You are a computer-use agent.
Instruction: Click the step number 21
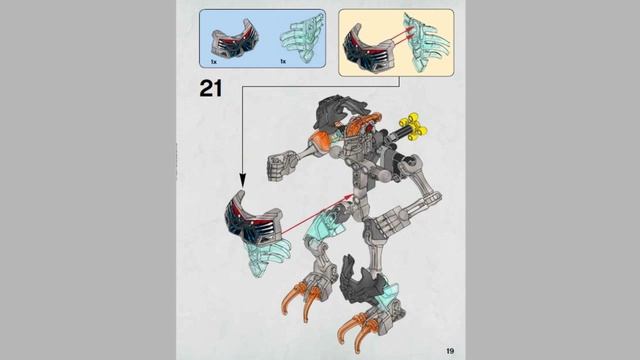[x=211, y=88]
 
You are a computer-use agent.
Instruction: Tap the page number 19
[x=450, y=351]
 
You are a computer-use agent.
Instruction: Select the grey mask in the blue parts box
[x=235, y=38]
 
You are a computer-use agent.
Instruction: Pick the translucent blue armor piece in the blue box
[x=302, y=37]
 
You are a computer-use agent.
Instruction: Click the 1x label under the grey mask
[x=213, y=61]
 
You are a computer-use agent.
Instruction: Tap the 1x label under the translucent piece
[x=283, y=61]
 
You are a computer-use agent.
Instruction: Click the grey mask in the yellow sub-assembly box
[x=364, y=50]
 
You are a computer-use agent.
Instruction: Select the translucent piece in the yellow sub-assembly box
[x=424, y=42]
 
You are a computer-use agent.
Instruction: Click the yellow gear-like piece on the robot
[x=413, y=126]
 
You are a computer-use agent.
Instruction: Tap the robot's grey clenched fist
[x=280, y=164]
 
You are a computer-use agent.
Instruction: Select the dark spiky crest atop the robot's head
[x=339, y=109]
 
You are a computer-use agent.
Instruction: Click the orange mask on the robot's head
[x=359, y=127]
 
